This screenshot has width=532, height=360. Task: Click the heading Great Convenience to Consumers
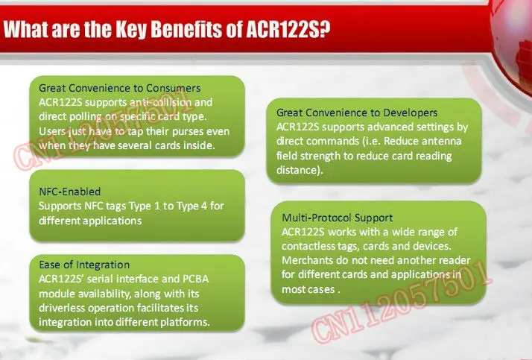point(118,88)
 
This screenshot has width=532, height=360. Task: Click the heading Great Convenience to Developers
point(357,112)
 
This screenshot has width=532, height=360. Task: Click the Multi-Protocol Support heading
point(337,218)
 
